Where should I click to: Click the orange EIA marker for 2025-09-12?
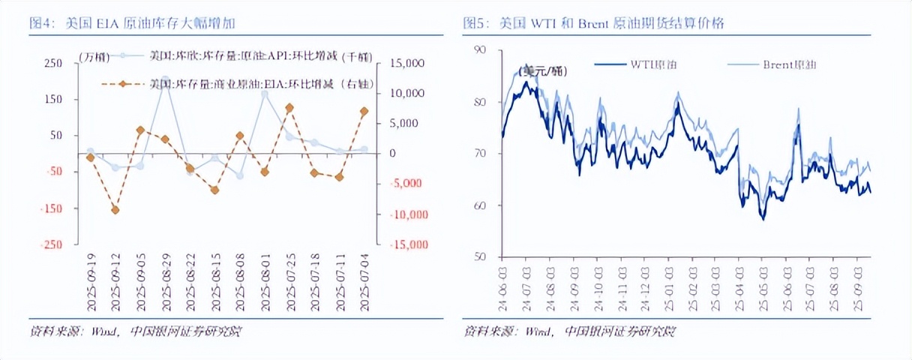(x=115, y=210)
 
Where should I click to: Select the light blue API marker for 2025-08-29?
(x=165, y=79)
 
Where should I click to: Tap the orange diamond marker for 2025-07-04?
(x=364, y=112)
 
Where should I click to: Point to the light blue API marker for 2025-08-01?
(x=265, y=94)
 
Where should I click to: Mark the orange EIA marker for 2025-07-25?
(x=289, y=108)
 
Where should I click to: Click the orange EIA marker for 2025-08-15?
(x=214, y=190)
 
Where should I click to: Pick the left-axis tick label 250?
(x=53, y=64)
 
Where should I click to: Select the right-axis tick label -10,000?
(x=405, y=214)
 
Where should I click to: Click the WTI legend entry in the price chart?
(x=635, y=65)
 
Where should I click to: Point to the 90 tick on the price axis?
(x=481, y=49)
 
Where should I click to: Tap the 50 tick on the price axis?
(x=481, y=256)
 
